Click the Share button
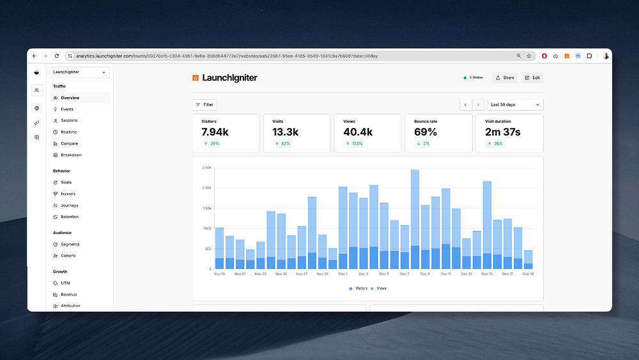505,78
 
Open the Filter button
204,104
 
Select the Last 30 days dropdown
515,104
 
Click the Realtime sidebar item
68,132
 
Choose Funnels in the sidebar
68,194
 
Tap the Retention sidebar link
70,217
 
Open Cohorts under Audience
68,256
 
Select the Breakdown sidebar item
71,155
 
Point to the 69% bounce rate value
426,132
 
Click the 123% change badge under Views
354,144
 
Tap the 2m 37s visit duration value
502,132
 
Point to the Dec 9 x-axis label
425,274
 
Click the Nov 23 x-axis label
260,274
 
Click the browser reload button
56,56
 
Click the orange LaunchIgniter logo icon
196,78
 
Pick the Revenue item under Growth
68,295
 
